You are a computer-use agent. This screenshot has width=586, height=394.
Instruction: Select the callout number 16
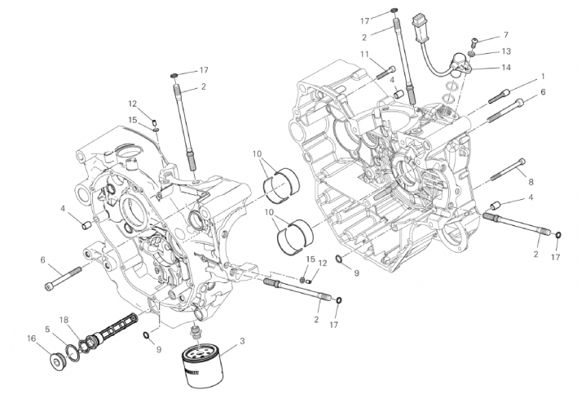(31, 337)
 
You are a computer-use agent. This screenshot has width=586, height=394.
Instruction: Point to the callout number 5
(48, 329)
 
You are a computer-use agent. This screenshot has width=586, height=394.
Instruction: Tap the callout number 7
(505, 35)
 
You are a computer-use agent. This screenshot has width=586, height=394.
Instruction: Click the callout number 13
(505, 51)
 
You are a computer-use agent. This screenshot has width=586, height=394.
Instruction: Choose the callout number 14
(505, 68)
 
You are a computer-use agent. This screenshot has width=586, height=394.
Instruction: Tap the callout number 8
(531, 182)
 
